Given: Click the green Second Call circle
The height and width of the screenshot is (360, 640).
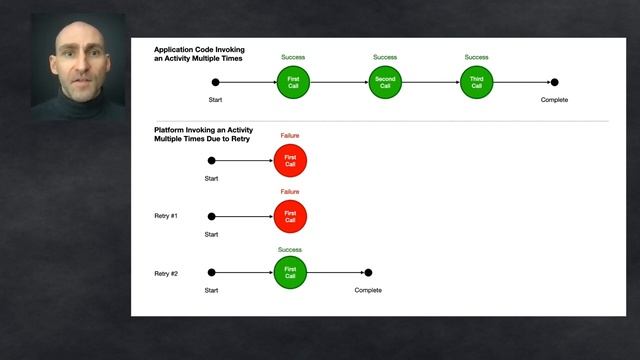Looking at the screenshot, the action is pyautogui.click(x=385, y=82).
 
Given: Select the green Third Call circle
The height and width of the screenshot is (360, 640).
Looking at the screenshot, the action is pyautogui.click(x=476, y=82).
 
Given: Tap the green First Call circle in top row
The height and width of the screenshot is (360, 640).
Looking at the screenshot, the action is pyautogui.click(x=293, y=82).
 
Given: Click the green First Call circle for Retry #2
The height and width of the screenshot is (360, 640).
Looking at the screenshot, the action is pyautogui.click(x=290, y=272).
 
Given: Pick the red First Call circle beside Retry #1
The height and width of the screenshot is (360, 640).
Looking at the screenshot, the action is pyautogui.click(x=290, y=216).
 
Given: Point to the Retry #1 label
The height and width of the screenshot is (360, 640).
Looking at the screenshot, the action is pyautogui.click(x=166, y=216).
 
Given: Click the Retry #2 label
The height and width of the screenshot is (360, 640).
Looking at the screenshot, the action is pyautogui.click(x=166, y=273).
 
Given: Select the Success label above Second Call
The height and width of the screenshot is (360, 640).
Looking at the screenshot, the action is pyautogui.click(x=385, y=57).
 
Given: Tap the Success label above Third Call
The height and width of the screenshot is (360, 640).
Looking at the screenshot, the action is pyautogui.click(x=476, y=57).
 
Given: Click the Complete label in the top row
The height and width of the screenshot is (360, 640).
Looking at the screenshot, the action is pyautogui.click(x=554, y=100).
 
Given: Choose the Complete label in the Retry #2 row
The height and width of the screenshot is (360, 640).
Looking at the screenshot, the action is pyautogui.click(x=368, y=290).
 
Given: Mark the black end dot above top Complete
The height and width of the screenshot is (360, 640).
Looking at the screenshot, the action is pyautogui.click(x=554, y=82).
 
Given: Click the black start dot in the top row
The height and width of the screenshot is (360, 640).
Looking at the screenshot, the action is pyautogui.click(x=216, y=82).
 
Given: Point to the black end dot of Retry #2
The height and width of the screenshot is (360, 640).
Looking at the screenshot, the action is pyautogui.click(x=368, y=272).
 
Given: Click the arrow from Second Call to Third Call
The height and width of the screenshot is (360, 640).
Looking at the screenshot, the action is pyautogui.click(x=431, y=82).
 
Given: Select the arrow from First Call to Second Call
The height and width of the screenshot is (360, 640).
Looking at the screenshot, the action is pyautogui.click(x=339, y=82).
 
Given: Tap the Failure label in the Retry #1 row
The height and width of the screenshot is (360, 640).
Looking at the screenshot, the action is pyautogui.click(x=290, y=192).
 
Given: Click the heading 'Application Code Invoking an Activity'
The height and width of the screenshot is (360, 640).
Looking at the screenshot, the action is pyautogui.click(x=199, y=54).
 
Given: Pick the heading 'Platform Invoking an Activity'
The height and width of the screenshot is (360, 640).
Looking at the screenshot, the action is pyautogui.click(x=203, y=134).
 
